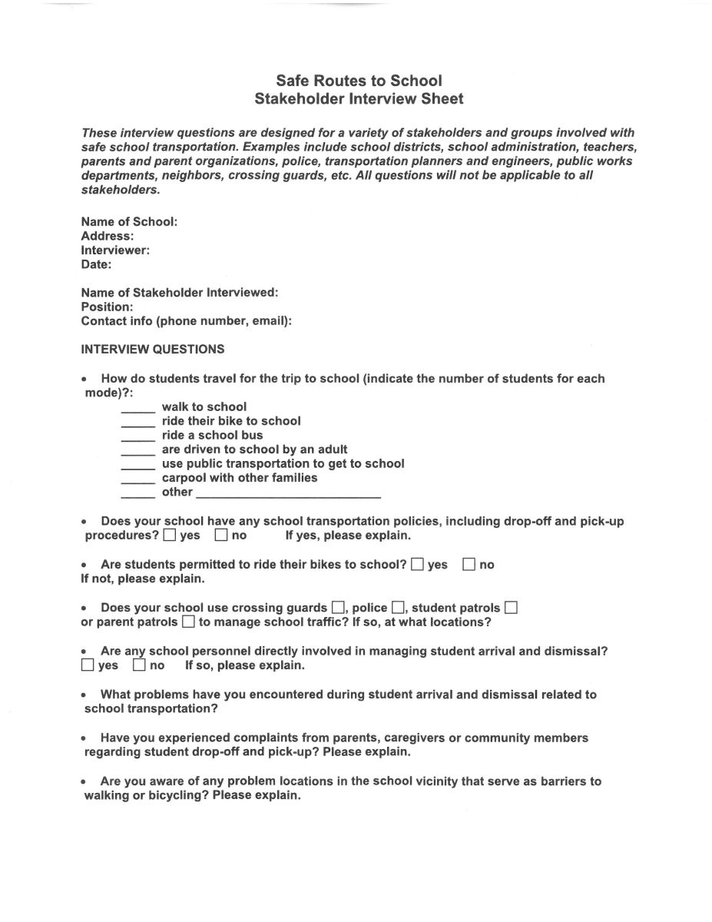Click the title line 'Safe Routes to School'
click(x=359, y=81)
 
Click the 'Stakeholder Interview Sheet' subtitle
click(x=359, y=99)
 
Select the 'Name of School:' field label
click(x=129, y=222)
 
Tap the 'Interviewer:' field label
click(x=115, y=250)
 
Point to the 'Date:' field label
click(x=96, y=264)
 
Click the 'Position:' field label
click(x=108, y=307)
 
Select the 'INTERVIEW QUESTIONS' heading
click(x=153, y=350)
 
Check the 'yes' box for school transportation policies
click(x=170, y=535)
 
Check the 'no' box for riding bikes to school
click(x=469, y=565)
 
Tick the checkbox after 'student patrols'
click(x=511, y=608)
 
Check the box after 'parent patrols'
click(x=188, y=622)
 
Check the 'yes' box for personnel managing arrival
click(x=88, y=665)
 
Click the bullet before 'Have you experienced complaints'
click(x=84, y=738)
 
